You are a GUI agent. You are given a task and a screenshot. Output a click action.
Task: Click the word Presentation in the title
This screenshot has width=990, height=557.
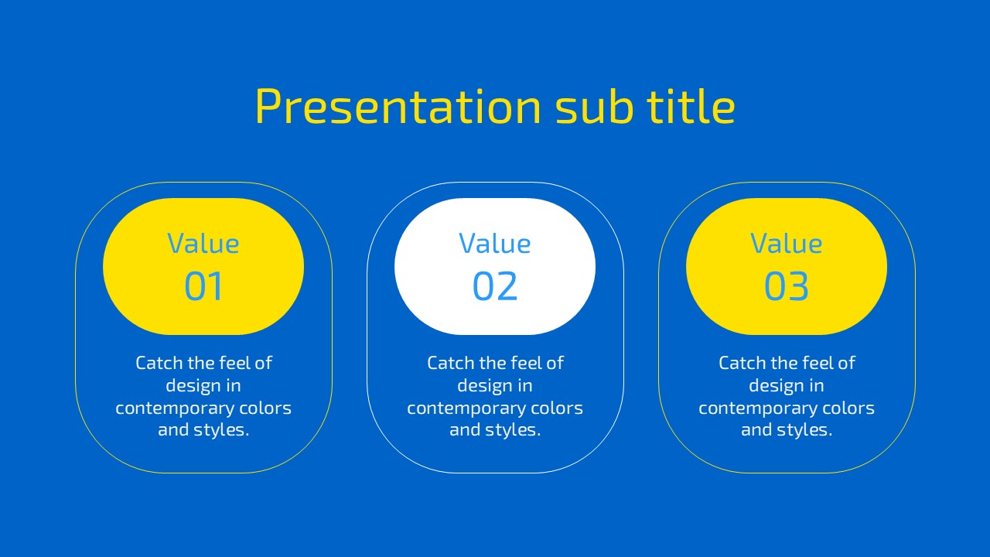point(398,107)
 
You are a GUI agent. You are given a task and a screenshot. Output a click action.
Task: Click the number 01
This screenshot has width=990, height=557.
point(203,286)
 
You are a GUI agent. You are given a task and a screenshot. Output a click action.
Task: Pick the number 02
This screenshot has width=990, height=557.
point(495,286)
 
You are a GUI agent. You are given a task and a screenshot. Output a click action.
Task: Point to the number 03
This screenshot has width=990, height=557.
point(787,286)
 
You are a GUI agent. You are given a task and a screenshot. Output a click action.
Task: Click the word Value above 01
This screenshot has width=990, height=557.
point(203,243)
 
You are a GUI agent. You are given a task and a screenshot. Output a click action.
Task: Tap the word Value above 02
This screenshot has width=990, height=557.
point(495,243)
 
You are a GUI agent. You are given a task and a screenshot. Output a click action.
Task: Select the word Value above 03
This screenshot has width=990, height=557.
point(787,243)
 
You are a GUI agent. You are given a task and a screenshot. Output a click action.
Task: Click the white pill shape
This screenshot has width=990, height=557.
point(495,266)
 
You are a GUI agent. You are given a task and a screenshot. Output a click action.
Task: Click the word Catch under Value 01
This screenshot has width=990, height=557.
point(159,363)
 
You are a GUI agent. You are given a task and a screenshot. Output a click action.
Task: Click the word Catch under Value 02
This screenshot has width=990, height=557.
point(451,363)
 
